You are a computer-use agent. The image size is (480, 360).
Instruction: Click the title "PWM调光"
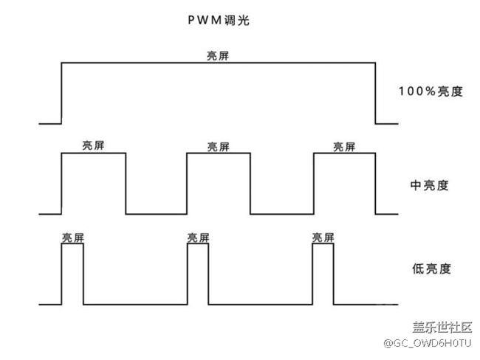coord(219,21)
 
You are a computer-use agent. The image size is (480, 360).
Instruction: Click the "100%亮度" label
coord(431,92)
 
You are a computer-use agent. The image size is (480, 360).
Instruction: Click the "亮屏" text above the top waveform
coord(219,55)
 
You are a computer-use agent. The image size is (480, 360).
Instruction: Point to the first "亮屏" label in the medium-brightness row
coord(93,145)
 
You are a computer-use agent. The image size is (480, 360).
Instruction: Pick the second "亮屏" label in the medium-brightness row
coord(219,145)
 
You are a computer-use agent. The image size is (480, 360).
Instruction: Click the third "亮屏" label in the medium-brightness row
coord(344,145)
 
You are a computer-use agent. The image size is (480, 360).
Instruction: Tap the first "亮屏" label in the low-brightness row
coord(72,238)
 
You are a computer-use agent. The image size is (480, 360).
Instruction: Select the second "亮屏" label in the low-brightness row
coord(198,238)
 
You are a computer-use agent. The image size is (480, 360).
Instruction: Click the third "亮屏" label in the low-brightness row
coord(323,238)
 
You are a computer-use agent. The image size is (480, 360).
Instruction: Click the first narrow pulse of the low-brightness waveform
coord(72,273)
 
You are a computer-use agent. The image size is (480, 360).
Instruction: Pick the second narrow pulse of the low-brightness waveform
coord(198,273)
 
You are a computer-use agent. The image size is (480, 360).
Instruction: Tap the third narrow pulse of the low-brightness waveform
coord(323,273)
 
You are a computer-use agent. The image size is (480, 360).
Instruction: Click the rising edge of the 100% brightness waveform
coord(61,93)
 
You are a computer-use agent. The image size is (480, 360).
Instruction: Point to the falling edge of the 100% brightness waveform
coord(376,93)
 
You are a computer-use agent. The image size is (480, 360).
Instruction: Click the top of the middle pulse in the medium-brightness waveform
coord(219,153)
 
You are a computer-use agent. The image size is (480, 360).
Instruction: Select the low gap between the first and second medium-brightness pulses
coord(156,214)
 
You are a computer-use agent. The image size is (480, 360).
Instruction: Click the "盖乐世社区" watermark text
coord(442,328)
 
